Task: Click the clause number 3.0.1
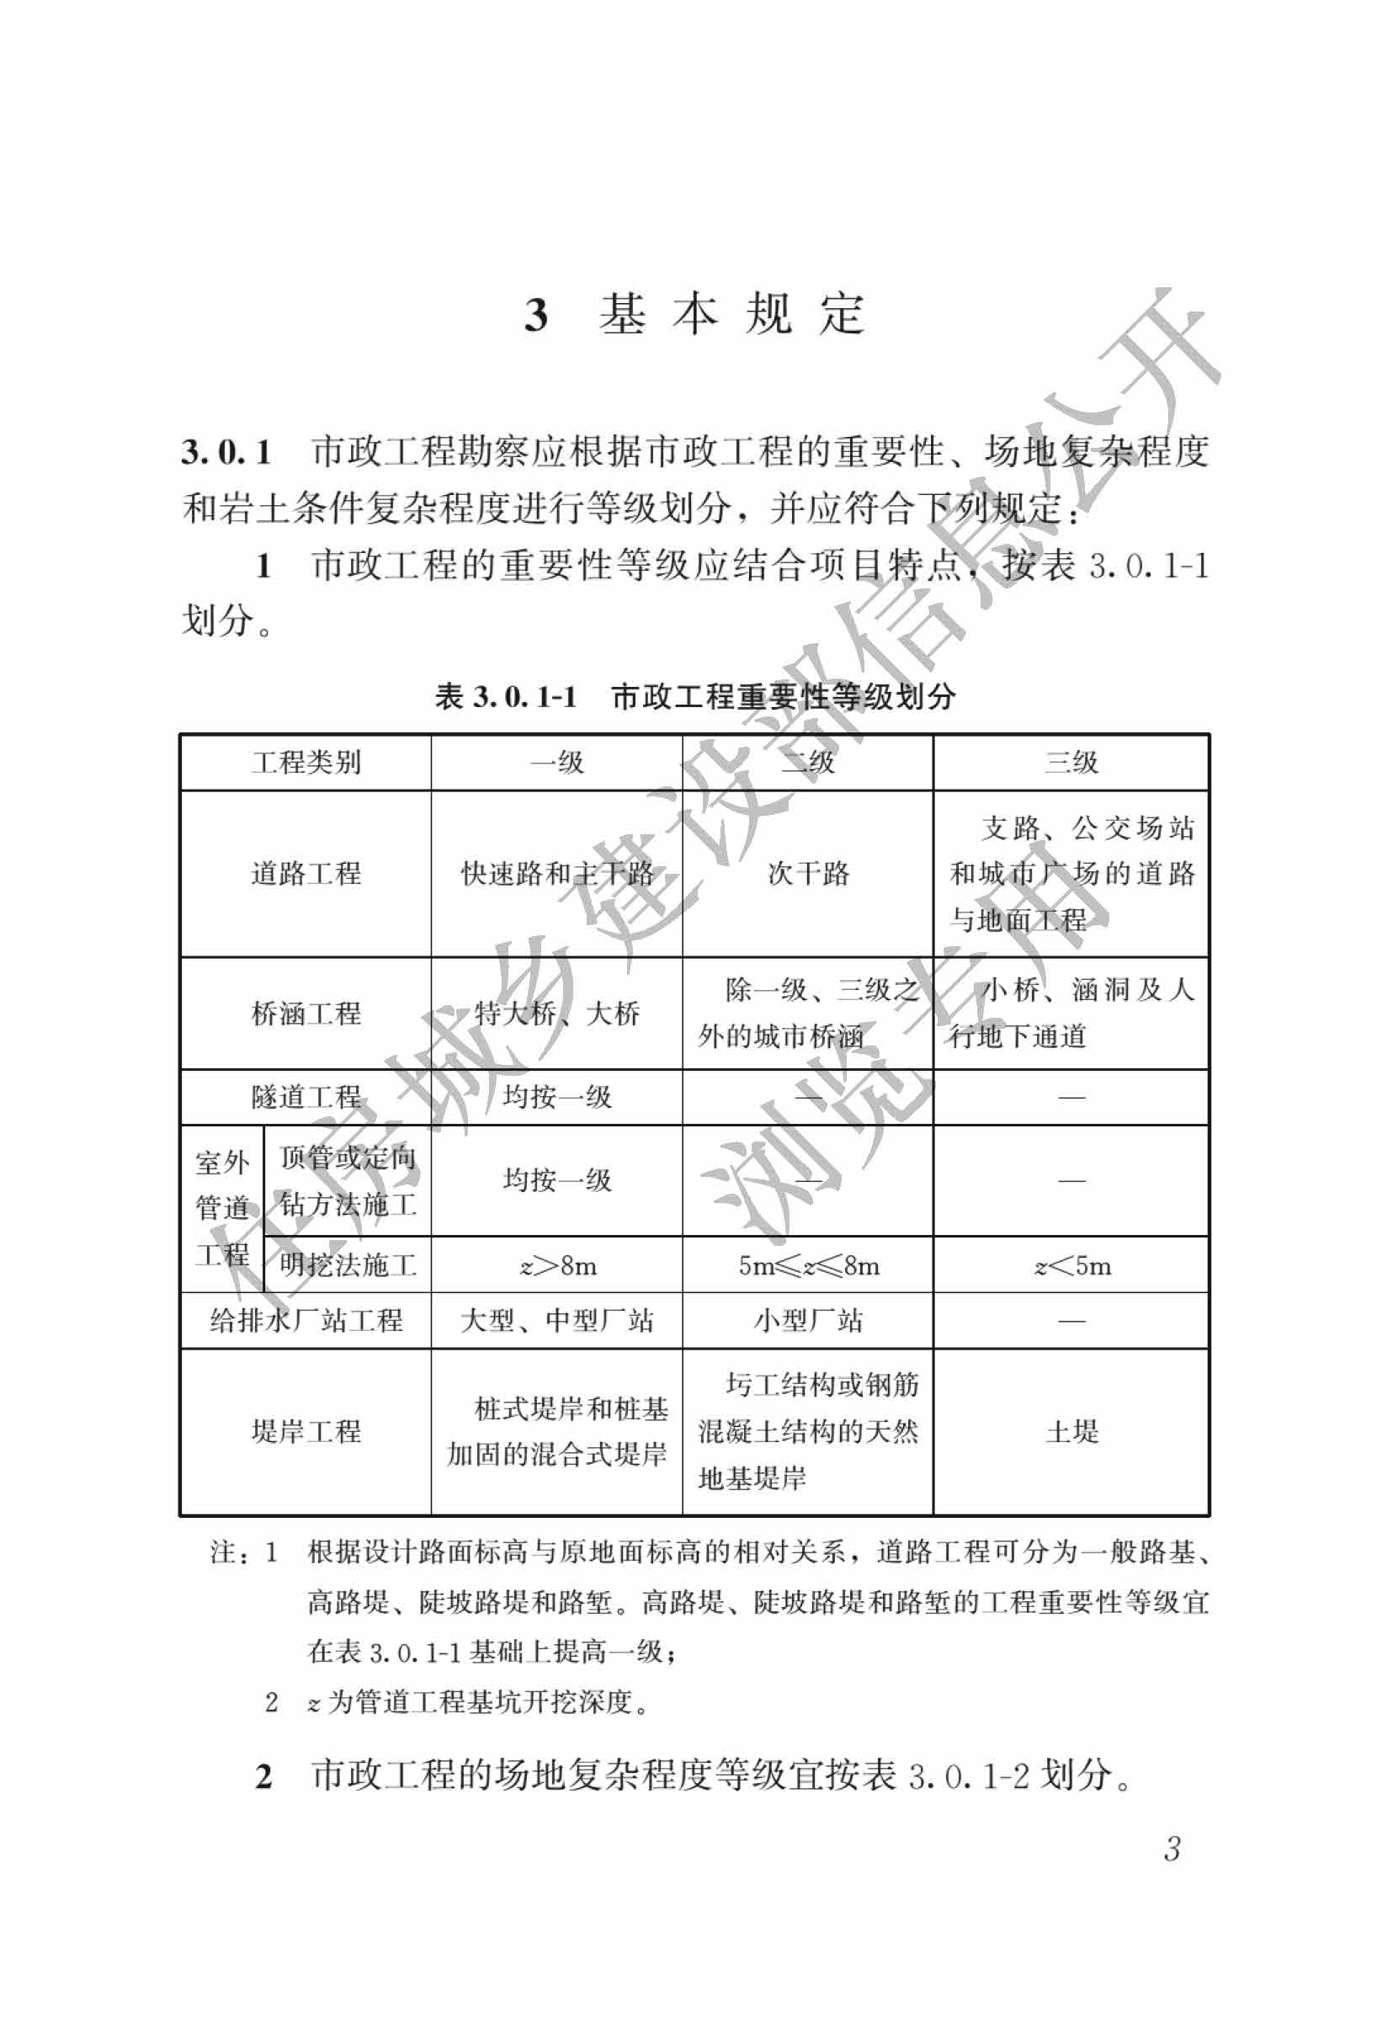[226, 452]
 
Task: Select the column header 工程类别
[306, 763]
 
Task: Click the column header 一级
[557, 763]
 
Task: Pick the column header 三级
[1071, 763]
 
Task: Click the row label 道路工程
[306, 874]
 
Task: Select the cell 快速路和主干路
[557, 874]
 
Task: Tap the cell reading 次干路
[808, 874]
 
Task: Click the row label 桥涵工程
[306, 1014]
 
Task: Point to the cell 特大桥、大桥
[557, 1014]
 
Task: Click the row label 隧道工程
[306, 1097]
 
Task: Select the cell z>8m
[558, 1265]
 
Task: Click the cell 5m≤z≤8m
[808, 1265]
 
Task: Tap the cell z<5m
[1071, 1265]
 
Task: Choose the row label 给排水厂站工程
[306, 1321]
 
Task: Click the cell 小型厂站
[808, 1321]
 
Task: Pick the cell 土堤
[1071, 1431]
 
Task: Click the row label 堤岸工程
[306, 1431]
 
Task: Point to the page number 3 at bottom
[1172, 1849]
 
